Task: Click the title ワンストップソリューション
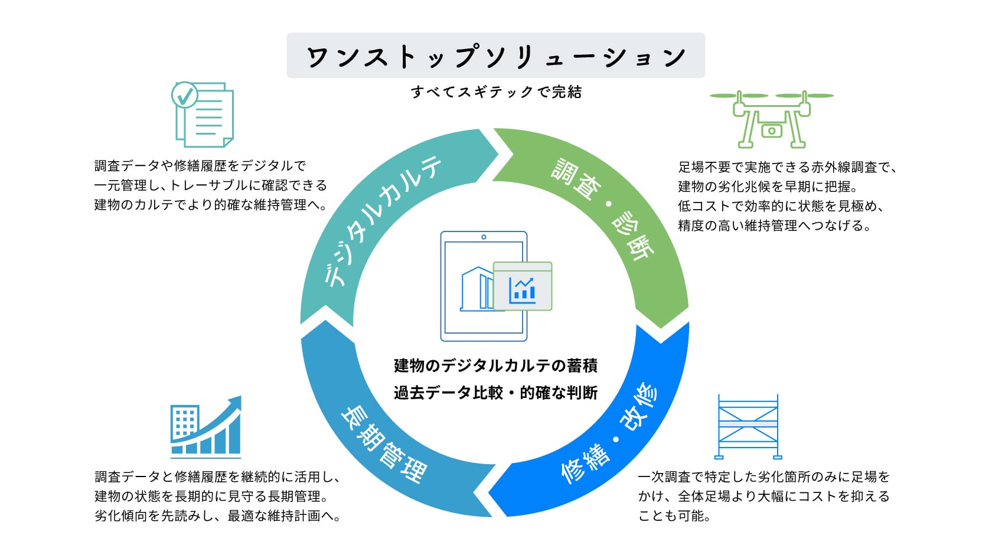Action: point(495,56)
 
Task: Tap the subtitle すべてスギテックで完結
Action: point(496,92)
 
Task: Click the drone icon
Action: point(771,118)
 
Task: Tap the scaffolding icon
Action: point(748,426)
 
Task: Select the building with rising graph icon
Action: point(205,426)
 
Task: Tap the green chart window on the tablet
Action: point(523,287)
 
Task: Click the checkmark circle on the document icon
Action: point(184,94)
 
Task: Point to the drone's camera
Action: point(771,130)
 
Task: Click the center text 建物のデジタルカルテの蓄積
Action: point(495,366)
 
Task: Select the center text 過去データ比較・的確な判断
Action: point(495,393)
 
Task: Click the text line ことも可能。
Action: point(674,516)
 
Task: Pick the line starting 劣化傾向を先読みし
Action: point(217,516)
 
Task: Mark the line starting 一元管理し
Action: point(210,185)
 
